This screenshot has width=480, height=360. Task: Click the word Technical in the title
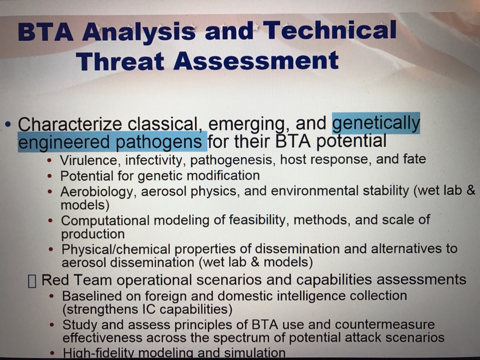point(330,30)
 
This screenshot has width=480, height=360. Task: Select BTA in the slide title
point(45,32)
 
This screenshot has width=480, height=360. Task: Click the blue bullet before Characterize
point(8,125)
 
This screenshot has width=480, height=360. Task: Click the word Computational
point(105,221)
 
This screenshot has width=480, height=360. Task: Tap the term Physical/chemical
point(116,249)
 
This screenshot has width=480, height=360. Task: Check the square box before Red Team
point(32,281)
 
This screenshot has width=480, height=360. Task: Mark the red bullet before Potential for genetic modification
point(51,177)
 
